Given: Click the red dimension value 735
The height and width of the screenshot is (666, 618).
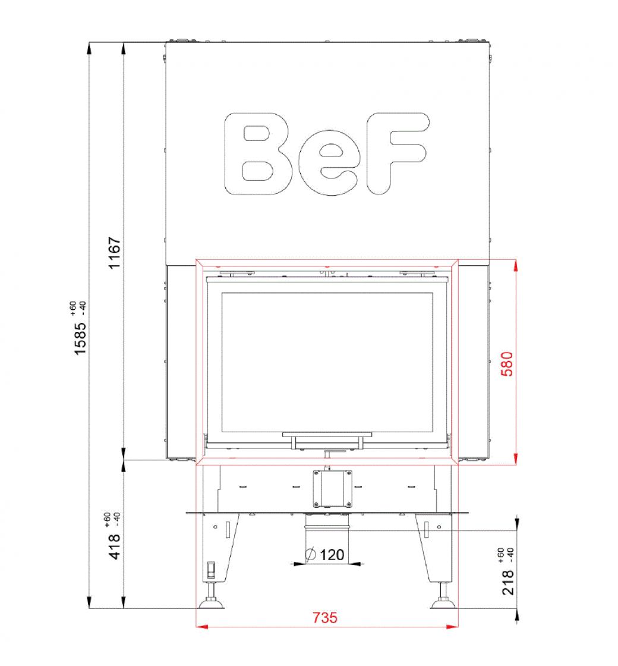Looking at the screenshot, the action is click(x=324, y=617).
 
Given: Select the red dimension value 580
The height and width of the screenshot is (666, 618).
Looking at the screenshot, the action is click(x=507, y=363).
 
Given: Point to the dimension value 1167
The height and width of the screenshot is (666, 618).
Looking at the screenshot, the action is click(x=115, y=253).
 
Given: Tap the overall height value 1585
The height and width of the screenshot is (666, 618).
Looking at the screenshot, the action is click(x=80, y=338).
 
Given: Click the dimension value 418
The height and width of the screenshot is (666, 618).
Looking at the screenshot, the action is click(x=115, y=547).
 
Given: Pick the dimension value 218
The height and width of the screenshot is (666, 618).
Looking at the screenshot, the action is click(x=508, y=582).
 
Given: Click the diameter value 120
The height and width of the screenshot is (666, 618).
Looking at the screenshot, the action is click(x=332, y=555).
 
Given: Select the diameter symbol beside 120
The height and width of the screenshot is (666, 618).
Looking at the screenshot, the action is click(x=311, y=554).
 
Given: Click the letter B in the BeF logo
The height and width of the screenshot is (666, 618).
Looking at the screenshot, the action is click(x=258, y=154).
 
